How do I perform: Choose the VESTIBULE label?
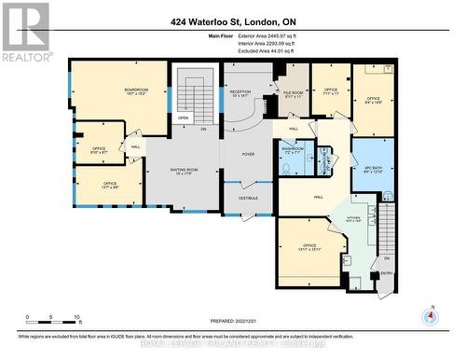[x=248, y=197]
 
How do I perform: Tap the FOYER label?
[x=248, y=154]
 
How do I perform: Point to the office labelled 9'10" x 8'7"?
[x=100, y=149]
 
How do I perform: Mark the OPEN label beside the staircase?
[x=184, y=118]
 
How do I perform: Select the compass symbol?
[x=429, y=316]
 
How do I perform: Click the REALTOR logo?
[x=25, y=32]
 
